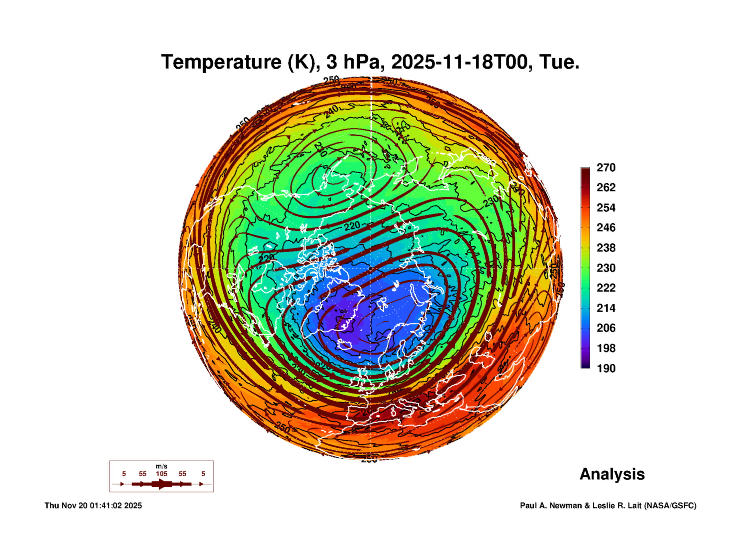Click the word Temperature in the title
(221, 62)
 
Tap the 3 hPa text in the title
(353, 62)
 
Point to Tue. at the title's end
(559, 62)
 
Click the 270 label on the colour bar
(606, 168)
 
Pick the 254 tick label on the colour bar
(606, 208)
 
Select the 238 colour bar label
(606, 248)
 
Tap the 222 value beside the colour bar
(606, 288)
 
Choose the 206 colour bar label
(606, 328)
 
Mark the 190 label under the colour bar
(606, 368)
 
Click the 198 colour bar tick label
(606, 348)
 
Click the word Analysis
(612, 474)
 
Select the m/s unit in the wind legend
(161, 466)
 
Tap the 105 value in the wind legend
(161, 474)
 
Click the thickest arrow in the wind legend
(161, 484)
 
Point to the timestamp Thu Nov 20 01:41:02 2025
(93, 506)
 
